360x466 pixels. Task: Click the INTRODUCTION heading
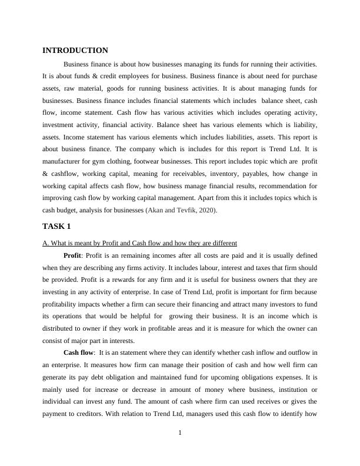[x=75, y=51]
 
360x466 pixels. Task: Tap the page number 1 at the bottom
[x=180, y=434]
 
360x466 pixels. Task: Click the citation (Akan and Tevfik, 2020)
[x=181, y=210]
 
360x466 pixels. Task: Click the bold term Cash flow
[x=78, y=352]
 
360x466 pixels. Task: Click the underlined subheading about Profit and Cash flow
[x=139, y=242]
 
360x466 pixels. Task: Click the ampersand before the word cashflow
[x=45, y=174]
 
